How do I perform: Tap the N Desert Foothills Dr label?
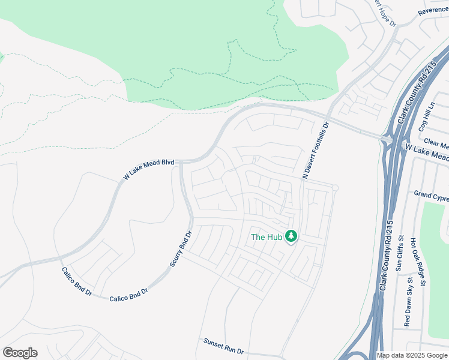coord(316,151)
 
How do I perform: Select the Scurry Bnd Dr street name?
coord(181,250)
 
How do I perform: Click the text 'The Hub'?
coord(266,237)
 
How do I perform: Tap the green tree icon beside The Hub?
coord(291,236)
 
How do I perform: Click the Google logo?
coord(20,353)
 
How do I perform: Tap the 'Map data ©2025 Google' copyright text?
coord(412,355)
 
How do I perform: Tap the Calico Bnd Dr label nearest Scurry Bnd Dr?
coord(128,295)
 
